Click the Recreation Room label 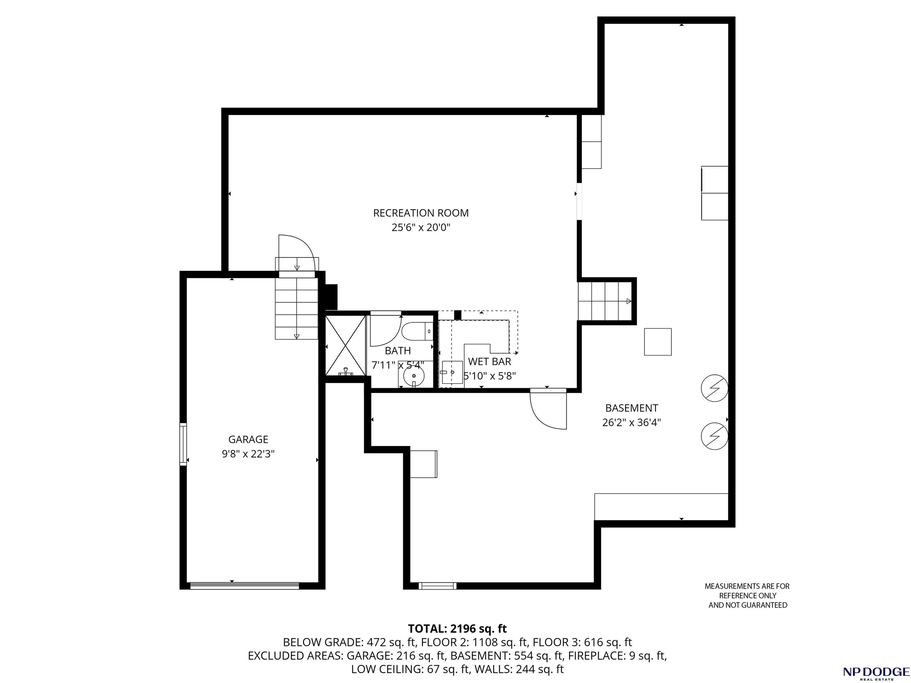tap(420, 213)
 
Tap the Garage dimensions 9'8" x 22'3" tap(248, 454)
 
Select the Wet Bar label tap(490, 362)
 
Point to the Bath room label tap(398, 351)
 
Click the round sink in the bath tap(413, 375)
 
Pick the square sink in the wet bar tap(452, 372)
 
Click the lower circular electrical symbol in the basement tap(715, 436)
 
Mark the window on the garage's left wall tap(183, 444)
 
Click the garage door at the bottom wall tap(245, 586)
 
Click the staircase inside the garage tap(296, 309)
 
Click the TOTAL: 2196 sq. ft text tap(457, 629)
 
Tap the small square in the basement tap(658, 341)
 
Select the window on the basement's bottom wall tap(437, 586)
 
